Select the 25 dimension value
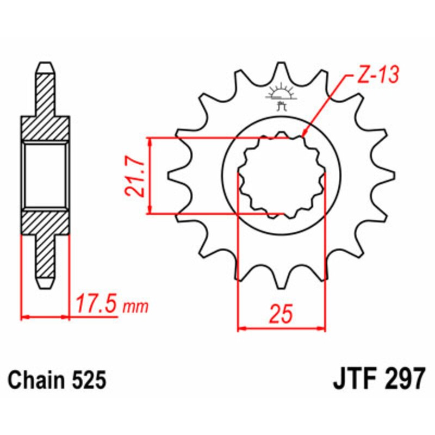pyautogui.click(x=281, y=315)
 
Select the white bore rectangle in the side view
pyautogui.click(x=46, y=176)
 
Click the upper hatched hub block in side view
pyautogui.click(x=46, y=127)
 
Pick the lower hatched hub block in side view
pyautogui.click(x=46, y=223)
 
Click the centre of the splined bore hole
pyautogui.click(x=282, y=175)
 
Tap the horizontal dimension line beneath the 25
pyautogui.click(x=282, y=328)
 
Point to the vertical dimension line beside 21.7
pyautogui.click(x=150, y=175)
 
